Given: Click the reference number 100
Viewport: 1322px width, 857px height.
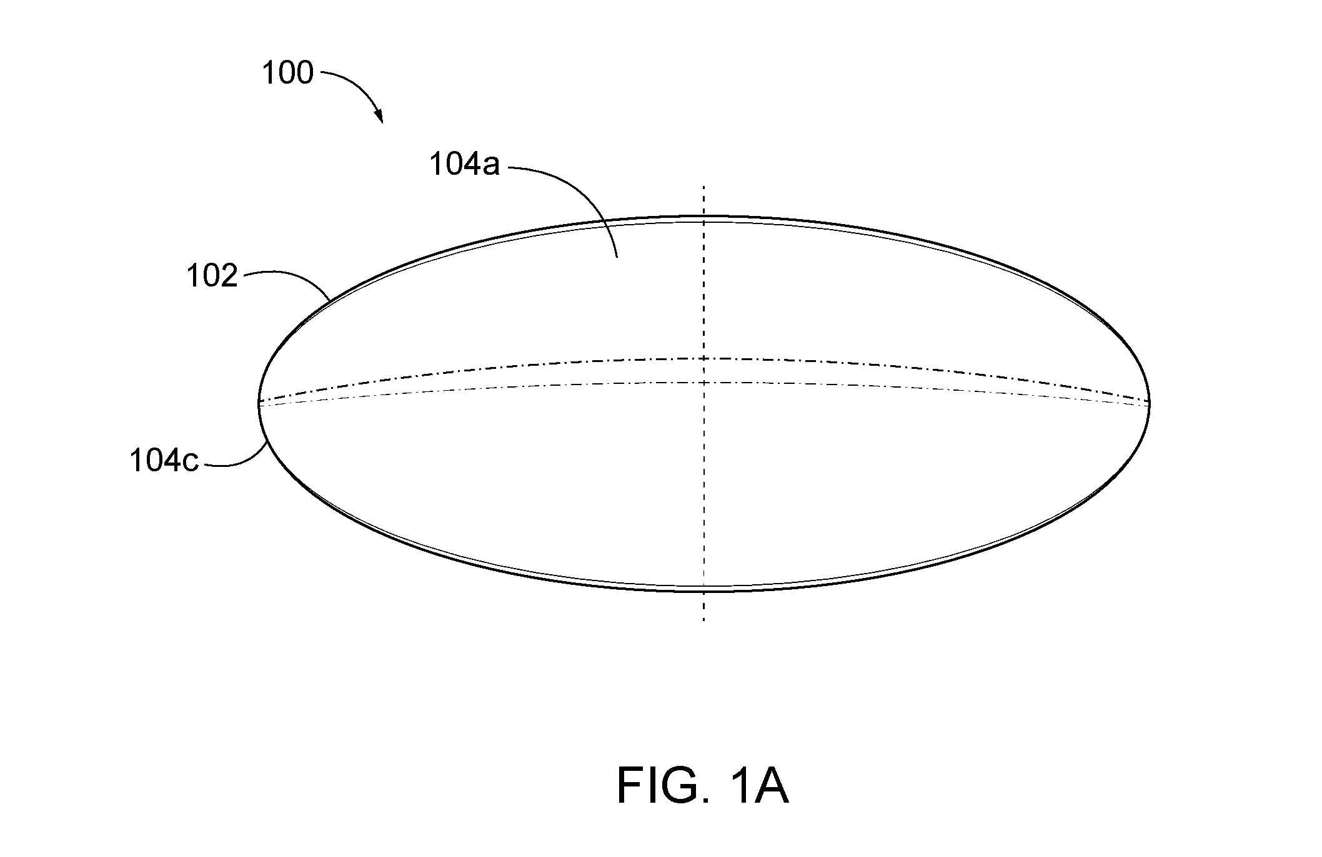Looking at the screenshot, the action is (287, 73).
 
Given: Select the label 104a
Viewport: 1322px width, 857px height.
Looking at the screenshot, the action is (464, 165).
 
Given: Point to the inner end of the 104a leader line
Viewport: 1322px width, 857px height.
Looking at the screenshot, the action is (617, 257).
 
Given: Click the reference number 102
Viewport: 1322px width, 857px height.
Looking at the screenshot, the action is (212, 276).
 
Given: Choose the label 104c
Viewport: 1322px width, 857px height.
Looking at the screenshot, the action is (164, 461).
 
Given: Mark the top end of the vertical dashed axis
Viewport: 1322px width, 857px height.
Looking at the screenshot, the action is (704, 186).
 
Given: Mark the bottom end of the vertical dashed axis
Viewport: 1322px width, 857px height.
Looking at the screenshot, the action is (704, 620).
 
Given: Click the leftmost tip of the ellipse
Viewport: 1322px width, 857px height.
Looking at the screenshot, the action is (259, 404).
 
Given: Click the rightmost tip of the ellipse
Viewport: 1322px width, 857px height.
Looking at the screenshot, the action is (1150, 404).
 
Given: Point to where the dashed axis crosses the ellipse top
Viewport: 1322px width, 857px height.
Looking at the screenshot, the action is (704, 217).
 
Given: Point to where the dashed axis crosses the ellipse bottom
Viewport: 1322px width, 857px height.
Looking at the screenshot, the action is (704, 590).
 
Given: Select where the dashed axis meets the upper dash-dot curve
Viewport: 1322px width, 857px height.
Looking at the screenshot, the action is (704, 358).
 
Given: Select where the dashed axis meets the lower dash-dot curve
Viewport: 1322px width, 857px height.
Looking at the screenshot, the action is (704, 382).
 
